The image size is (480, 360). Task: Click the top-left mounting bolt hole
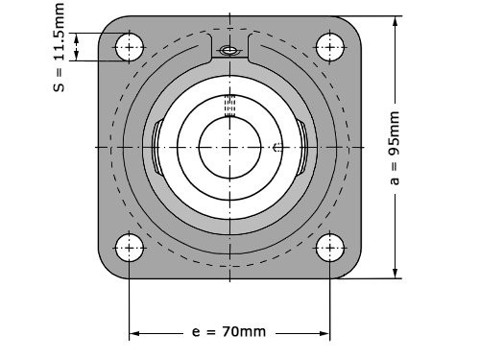point(129,47)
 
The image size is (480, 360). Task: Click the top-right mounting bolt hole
point(329,47)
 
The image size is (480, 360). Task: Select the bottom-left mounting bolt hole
point(129,248)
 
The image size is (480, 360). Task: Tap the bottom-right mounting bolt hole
point(329,248)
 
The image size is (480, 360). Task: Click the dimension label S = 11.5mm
point(59,47)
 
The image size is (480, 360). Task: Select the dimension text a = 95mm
point(395,148)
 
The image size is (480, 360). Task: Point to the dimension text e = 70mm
point(228,332)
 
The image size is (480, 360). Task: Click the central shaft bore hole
point(229,147)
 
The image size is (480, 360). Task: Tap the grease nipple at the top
point(229,50)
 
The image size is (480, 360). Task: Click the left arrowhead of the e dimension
point(134,333)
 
